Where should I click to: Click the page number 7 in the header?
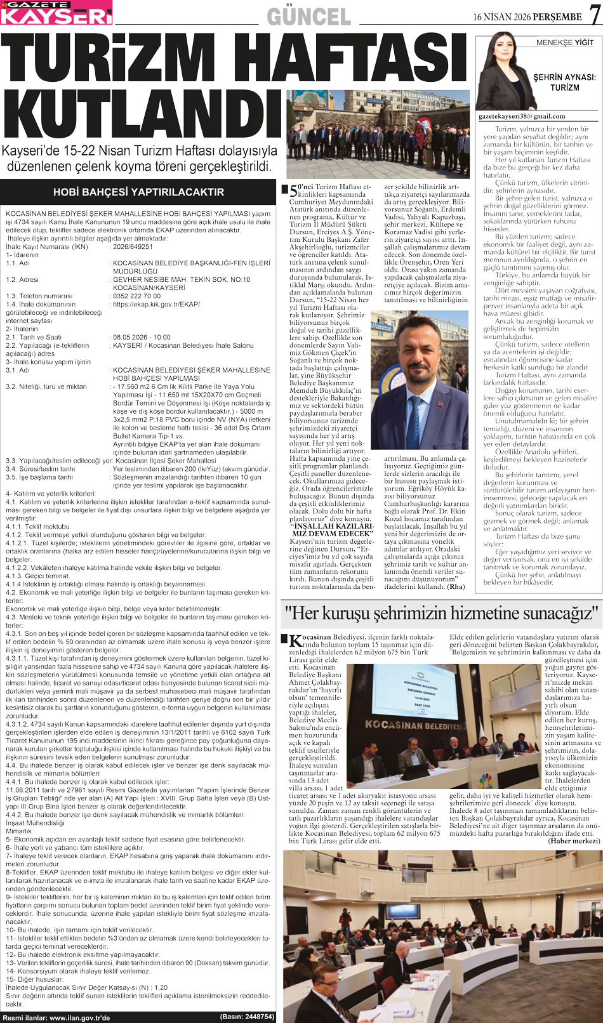click(x=593, y=14)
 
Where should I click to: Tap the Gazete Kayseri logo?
click(x=56, y=13)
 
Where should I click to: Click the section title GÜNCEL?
click(x=308, y=16)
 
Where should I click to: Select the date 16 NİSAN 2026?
click(x=501, y=16)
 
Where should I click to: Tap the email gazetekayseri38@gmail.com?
click(x=522, y=116)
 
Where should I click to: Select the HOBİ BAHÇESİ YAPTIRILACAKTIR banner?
click(x=138, y=192)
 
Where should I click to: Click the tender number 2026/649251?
click(x=133, y=246)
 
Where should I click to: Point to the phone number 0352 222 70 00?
click(x=136, y=296)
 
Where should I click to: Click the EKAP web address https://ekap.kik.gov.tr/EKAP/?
click(x=156, y=304)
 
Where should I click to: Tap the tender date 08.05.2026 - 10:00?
click(x=142, y=337)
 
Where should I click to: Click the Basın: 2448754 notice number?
click(x=247, y=1017)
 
